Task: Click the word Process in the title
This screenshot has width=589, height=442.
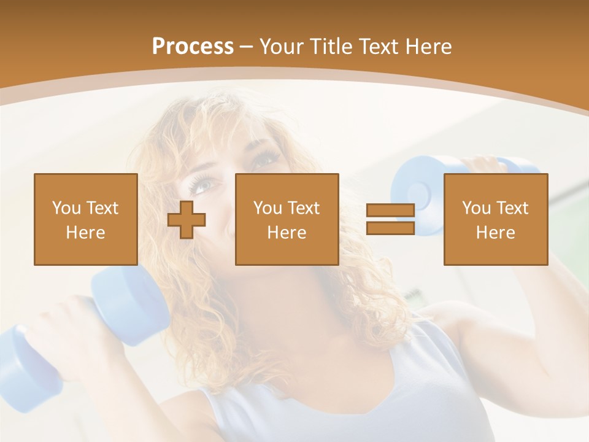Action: (x=193, y=47)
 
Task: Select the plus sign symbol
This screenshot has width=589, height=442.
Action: (x=187, y=219)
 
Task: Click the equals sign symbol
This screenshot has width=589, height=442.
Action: (x=390, y=219)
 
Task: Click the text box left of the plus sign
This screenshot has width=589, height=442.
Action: (x=86, y=219)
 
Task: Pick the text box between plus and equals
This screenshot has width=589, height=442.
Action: (x=287, y=219)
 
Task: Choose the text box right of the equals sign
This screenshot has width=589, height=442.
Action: (x=495, y=219)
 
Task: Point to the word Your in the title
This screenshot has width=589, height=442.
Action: (x=282, y=47)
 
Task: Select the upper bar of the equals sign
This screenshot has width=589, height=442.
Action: (x=390, y=211)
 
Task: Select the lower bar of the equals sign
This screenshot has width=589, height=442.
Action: (x=390, y=228)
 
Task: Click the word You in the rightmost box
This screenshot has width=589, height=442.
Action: (x=476, y=208)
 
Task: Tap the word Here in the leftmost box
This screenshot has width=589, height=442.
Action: (x=86, y=233)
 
